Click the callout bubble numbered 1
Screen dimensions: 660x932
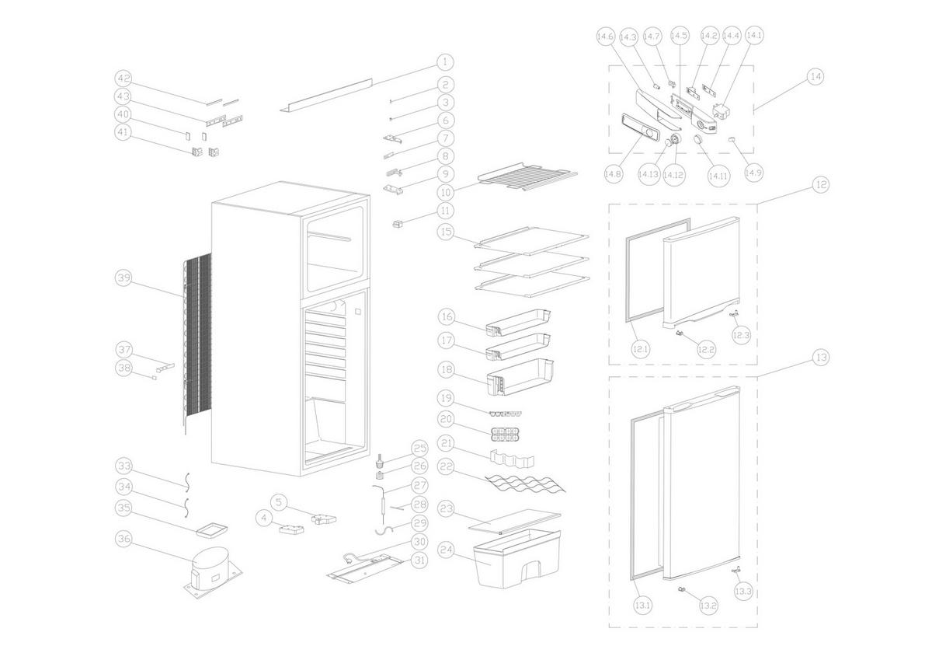click(x=445, y=61)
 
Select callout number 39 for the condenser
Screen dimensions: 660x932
click(x=123, y=278)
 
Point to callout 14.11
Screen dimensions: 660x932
click(x=718, y=176)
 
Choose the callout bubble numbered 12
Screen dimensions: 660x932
click(x=820, y=185)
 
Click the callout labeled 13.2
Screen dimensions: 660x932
click(x=708, y=604)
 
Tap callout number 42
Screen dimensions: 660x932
click(x=123, y=79)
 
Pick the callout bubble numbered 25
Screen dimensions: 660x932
click(x=420, y=449)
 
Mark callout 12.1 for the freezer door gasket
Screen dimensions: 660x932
click(x=640, y=350)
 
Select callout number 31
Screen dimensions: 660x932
click(x=420, y=560)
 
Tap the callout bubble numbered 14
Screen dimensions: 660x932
click(x=815, y=77)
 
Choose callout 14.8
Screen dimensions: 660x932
click(x=614, y=174)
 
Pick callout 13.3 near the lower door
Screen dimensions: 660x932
click(x=742, y=592)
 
